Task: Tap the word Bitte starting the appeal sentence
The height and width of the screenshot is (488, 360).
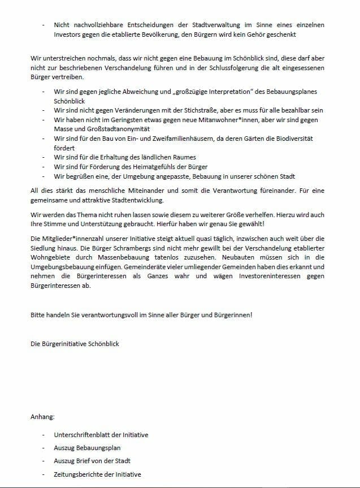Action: [38, 314]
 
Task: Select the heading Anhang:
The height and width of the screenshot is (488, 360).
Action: [42, 417]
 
